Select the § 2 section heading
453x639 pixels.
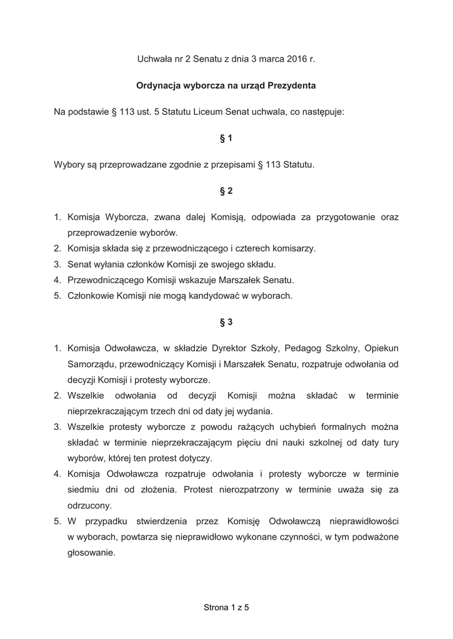[x=226, y=191]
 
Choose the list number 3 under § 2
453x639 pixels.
[x=57, y=264]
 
